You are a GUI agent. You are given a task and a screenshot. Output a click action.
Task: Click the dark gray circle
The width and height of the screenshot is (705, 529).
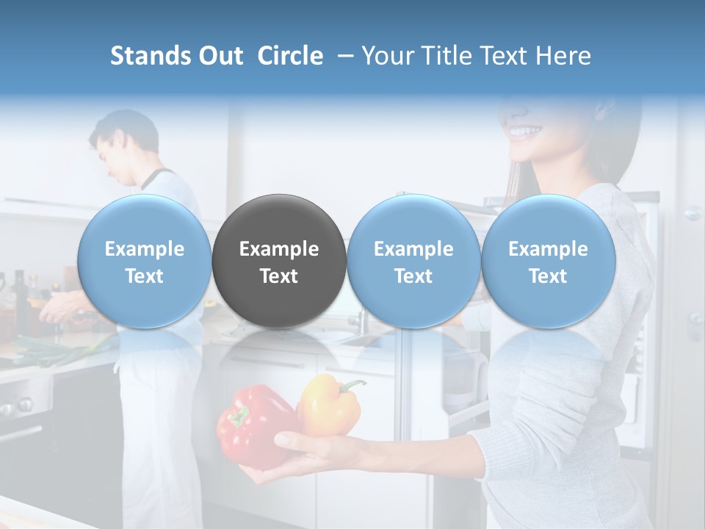tap(279, 261)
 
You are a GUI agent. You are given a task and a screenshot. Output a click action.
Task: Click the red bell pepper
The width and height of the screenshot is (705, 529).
tap(253, 426)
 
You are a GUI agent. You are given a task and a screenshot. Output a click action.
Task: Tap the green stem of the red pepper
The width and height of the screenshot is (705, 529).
tap(239, 417)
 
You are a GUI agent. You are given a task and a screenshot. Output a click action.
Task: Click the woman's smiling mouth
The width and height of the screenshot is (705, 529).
tap(526, 132)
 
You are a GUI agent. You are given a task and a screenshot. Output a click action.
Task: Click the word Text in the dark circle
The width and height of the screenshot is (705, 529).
tap(279, 276)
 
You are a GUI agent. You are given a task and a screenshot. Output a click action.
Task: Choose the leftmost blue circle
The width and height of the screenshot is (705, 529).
tap(144, 261)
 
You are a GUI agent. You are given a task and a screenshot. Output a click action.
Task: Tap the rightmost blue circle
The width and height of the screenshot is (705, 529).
tap(548, 261)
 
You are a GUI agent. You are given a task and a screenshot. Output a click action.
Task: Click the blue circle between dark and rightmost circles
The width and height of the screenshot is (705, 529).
tap(413, 261)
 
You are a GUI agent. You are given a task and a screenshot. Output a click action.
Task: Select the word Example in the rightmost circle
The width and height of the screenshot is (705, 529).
tap(548, 249)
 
